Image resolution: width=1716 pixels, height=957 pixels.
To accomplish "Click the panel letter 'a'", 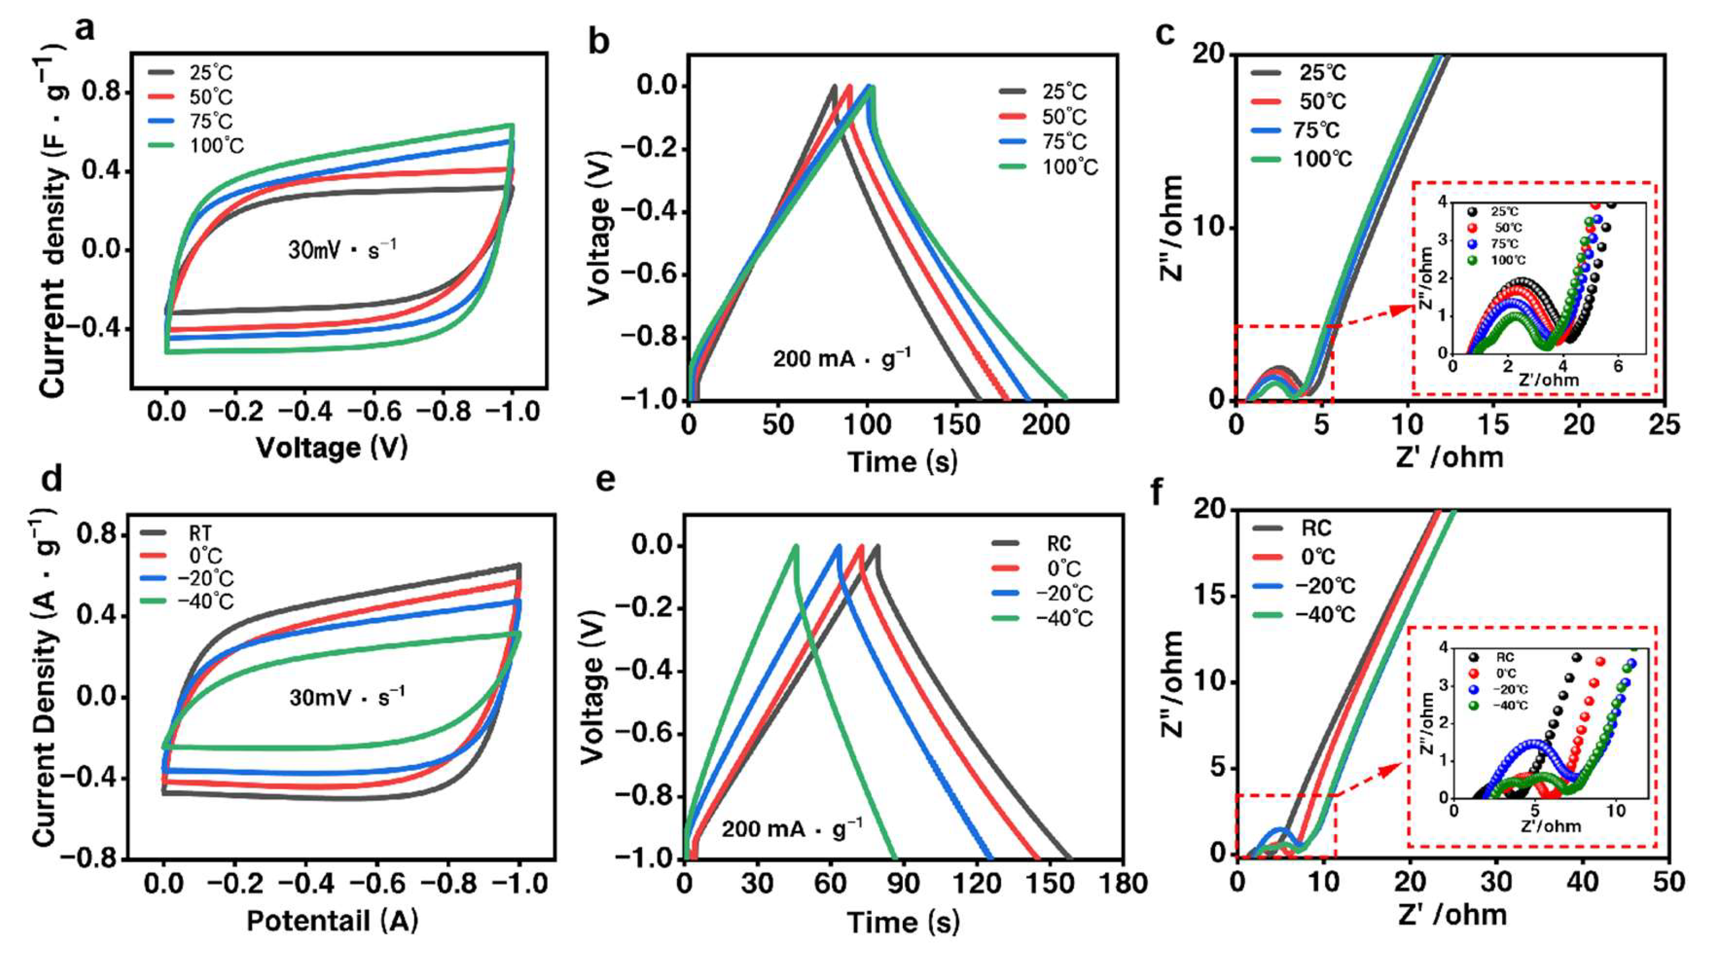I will (x=85, y=30).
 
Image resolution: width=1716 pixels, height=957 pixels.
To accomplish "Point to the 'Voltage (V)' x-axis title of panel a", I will (x=332, y=448).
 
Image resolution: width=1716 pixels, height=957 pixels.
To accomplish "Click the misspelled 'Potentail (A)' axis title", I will (x=332, y=921).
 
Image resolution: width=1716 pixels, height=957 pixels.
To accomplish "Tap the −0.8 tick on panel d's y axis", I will (x=95, y=858).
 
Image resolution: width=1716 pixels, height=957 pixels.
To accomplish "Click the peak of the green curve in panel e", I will (x=795, y=547).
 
